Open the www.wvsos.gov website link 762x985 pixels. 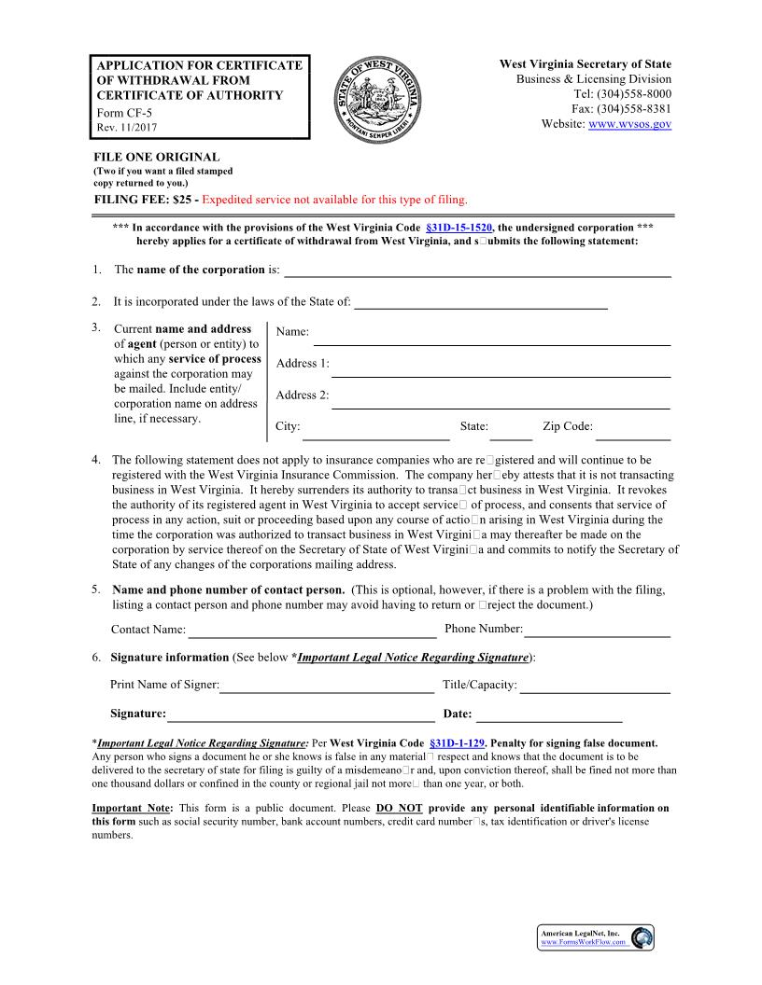tap(630, 124)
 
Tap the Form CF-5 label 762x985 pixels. tap(124, 113)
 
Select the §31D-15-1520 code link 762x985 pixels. tap(459, 228)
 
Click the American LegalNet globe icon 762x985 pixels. tap(642, 937)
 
